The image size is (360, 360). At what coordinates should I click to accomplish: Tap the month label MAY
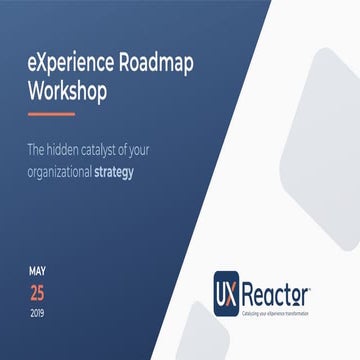(x=36, y=271)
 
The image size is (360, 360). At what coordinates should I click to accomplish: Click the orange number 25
(x=37, y=293)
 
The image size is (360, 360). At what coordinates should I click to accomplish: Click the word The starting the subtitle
(x=38, y=147)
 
